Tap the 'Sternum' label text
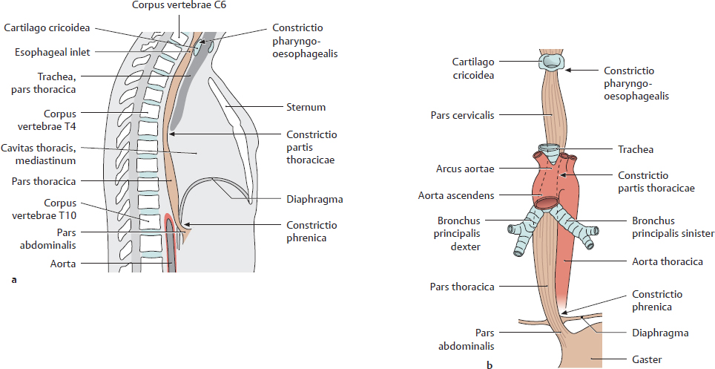click(304, 107)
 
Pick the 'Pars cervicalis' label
click(462, 115)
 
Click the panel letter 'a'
click(13, 280)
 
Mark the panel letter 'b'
click(489, 364)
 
